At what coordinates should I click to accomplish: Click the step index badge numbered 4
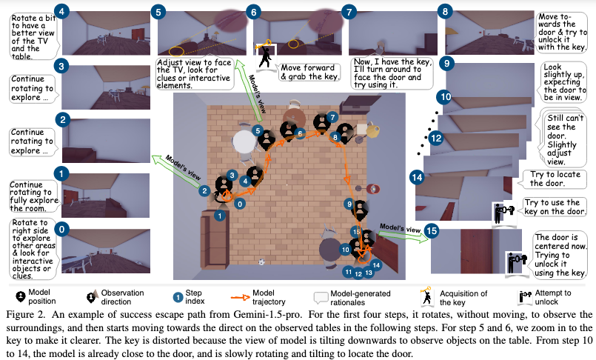point(62,12)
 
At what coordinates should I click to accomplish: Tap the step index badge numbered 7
point(348,12)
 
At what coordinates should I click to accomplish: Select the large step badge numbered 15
point(432,230)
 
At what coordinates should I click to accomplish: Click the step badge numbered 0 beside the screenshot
point(62,230)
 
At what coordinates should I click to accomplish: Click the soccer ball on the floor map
point(261,261)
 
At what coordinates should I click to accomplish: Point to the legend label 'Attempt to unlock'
point(554,296)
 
